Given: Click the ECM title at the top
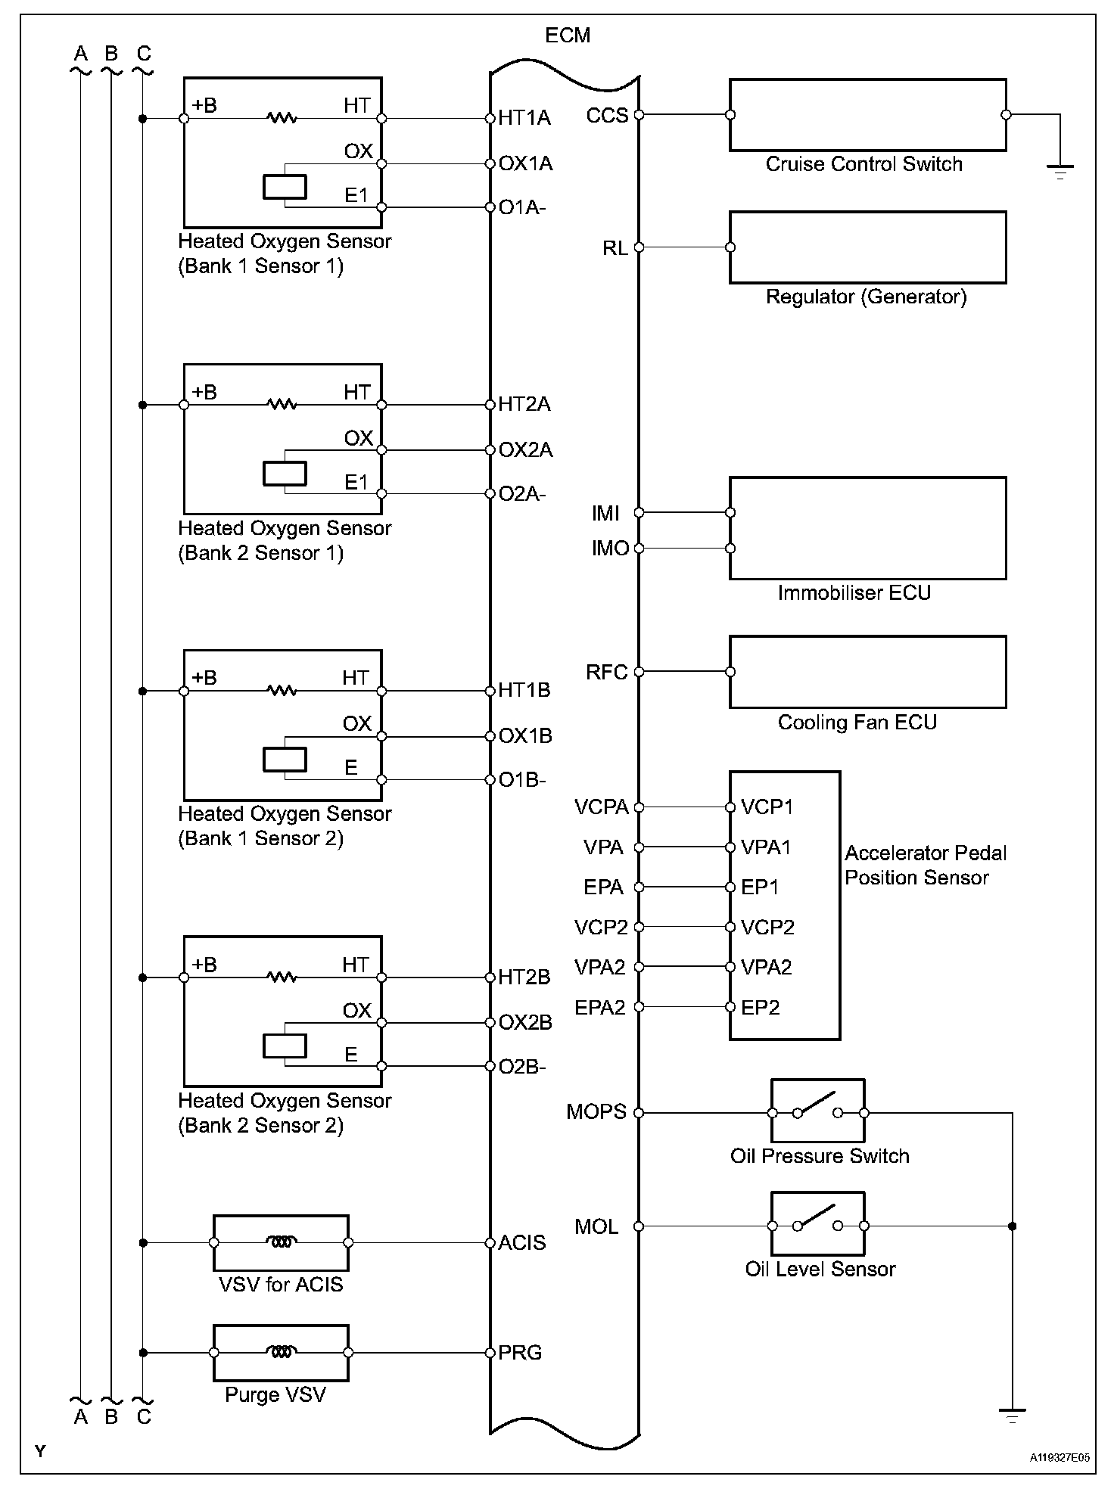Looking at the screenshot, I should (567, 36).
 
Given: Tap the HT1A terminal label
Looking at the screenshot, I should (524, 118).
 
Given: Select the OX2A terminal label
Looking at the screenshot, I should (525, 450).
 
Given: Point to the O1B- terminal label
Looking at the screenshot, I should (521, 780).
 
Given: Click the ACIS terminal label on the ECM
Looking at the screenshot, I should (521, 1243).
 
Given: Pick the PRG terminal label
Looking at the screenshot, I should (520, 1353).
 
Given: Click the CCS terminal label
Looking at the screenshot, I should (607, 116).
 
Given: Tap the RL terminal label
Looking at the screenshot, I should (615, 248).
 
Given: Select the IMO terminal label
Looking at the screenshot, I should (610, 549).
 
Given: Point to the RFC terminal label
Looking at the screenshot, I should (607, 673).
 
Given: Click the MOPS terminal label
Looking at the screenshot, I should (596, 1112).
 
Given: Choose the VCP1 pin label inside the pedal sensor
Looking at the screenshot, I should (767, 807).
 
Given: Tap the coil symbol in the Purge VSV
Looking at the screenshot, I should (281, 1352).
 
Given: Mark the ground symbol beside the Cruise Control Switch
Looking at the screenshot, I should (1060, 171).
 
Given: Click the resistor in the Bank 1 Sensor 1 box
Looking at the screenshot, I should (282, 118).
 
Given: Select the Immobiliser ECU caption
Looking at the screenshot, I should (854, 593).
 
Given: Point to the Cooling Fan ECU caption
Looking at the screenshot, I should (857, 723).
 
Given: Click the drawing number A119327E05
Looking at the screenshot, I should (1059, 1457).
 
